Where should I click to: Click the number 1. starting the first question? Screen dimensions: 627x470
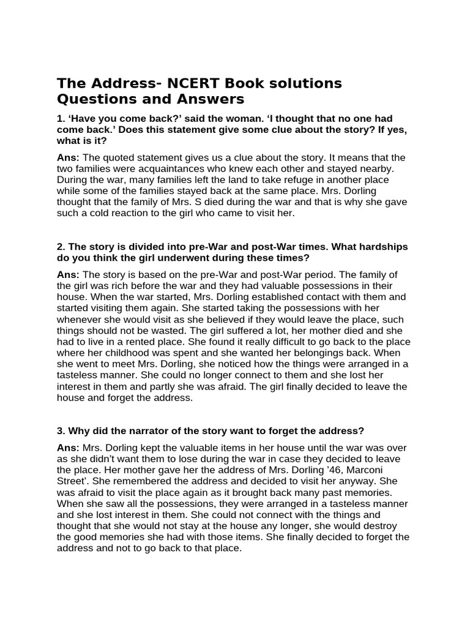pos(61,118)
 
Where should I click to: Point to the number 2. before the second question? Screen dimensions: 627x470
pos(61,247)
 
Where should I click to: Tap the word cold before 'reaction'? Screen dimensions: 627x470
pos(95,213)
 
